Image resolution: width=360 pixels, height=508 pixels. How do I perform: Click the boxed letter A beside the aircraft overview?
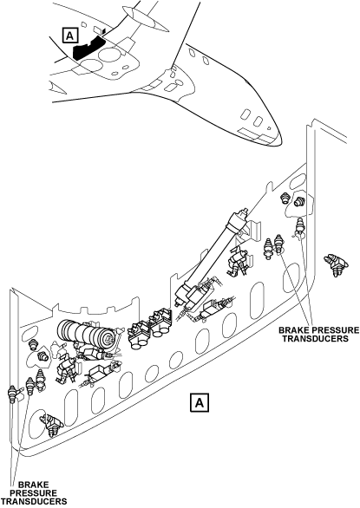70,35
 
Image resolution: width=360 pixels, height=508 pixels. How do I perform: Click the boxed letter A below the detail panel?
200,403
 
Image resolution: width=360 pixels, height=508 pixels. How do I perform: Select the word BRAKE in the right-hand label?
292,330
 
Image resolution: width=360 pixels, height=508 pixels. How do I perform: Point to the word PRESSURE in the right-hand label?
334,330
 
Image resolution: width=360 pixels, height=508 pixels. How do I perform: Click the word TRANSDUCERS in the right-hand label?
315,339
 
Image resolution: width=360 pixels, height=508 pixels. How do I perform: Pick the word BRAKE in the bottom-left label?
34,485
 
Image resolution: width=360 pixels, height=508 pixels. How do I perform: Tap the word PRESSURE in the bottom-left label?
34,493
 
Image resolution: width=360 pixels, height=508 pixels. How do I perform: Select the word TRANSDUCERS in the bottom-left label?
34,502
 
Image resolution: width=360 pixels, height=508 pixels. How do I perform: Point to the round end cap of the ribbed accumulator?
108,340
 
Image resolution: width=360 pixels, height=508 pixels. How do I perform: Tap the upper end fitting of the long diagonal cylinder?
242,213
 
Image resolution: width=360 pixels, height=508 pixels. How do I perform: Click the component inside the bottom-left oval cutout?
51,424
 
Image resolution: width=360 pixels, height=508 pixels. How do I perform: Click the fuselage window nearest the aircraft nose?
258,121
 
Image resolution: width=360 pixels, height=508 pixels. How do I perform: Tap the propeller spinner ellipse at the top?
145,19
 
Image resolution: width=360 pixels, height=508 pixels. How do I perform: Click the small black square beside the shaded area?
104,31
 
